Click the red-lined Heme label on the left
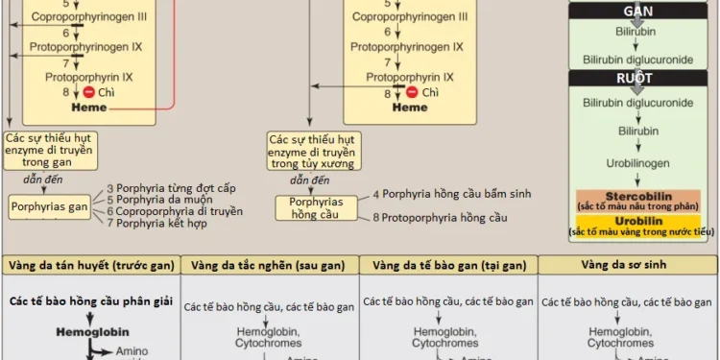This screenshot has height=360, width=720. [89, 108]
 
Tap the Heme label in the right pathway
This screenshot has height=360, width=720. [410, 108]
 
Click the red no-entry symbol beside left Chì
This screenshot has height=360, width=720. [89, 92]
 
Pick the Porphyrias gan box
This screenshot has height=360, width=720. [49, 206]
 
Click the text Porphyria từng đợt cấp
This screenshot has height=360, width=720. [171, 188]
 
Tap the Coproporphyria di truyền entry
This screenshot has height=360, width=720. [174, 211]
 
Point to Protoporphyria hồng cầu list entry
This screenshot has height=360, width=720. [439, 218]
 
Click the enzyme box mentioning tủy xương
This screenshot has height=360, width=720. [311, 152]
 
